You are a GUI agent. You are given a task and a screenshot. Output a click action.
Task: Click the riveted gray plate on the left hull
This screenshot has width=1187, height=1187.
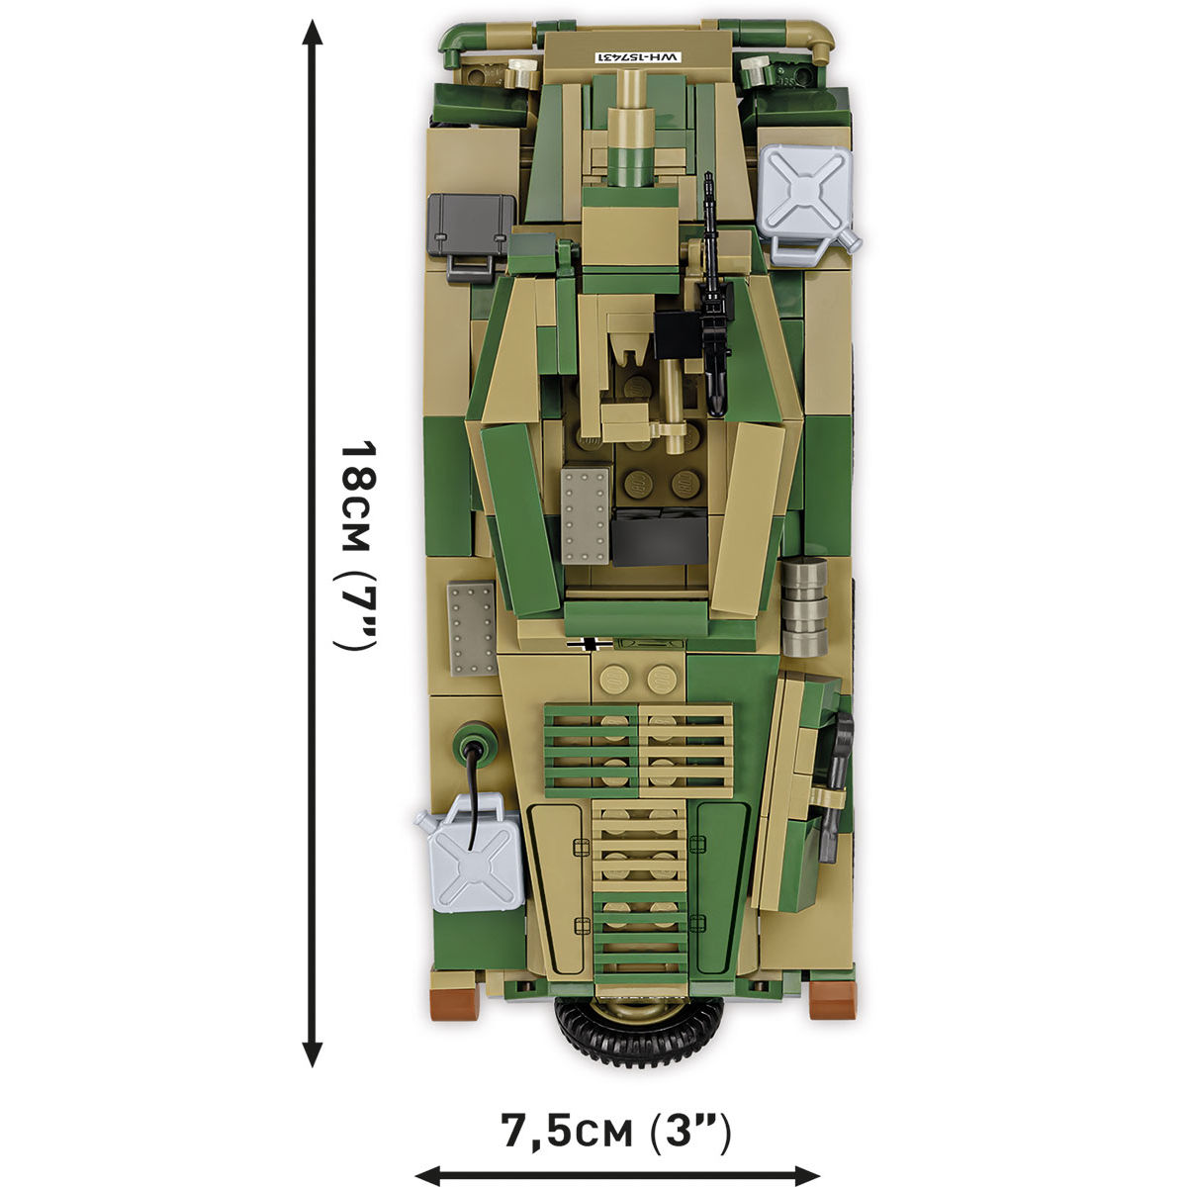(x=470, y=628)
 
